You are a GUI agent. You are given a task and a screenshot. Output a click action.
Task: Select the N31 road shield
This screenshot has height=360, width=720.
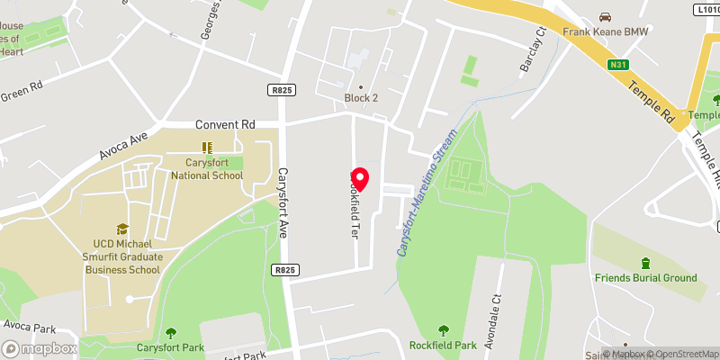pos(616,64)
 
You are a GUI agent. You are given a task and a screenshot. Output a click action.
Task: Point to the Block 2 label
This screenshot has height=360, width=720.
pos(360,98)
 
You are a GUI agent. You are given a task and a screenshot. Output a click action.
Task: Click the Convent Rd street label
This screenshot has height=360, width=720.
pos(225,124)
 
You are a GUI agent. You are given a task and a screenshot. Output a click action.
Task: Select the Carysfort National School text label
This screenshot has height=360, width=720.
pos(202,169)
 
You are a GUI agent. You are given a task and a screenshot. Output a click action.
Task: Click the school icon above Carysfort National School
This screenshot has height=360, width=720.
pos(206,148)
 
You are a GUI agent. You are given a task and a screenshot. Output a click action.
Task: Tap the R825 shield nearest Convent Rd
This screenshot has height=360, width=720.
pos(280,90)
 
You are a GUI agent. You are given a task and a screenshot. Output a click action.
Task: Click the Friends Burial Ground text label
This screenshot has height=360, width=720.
pos(645,278)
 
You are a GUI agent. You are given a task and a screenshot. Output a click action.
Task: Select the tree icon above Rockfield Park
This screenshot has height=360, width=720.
pos(443,330)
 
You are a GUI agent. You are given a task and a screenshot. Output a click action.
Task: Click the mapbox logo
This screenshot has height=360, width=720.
pos(40,348)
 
